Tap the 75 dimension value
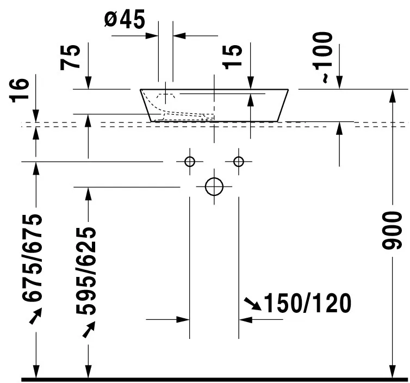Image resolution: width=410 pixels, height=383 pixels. point(73,56)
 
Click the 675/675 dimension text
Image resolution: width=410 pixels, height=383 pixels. point(34,258)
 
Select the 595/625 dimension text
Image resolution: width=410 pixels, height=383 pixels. point(86,271)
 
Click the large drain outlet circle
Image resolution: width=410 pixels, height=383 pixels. point(214,187)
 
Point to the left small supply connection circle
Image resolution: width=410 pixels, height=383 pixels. point(190,161)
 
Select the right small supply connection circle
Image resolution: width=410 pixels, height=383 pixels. point(238,161)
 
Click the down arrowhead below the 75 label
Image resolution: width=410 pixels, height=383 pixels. point(88,83)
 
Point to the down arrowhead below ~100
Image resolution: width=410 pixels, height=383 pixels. point(339,83)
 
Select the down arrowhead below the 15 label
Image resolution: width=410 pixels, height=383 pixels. point(250,83)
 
